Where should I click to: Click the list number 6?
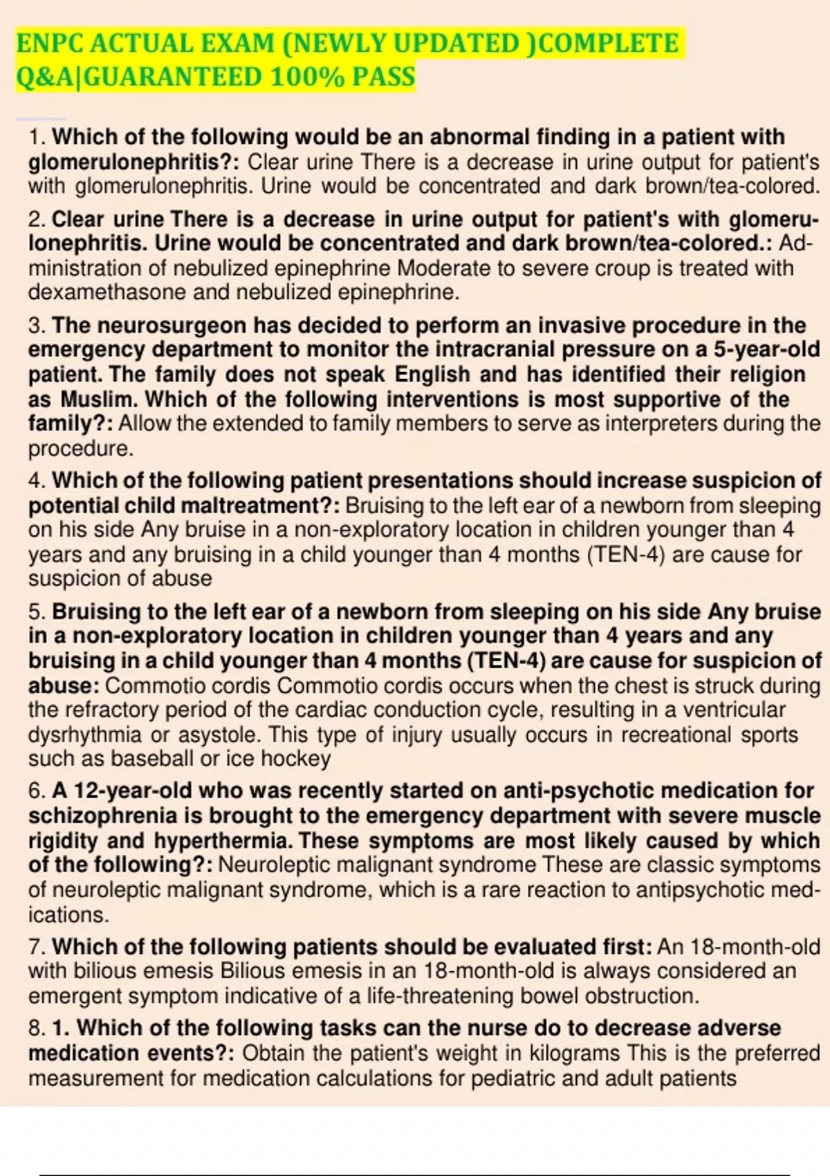[x=35, y=791]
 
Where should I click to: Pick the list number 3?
[x=35, y=325]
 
